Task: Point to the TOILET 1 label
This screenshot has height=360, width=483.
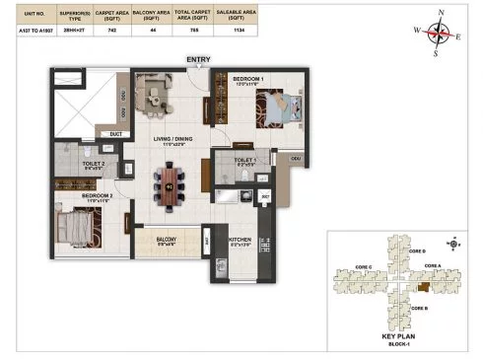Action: point(244,159)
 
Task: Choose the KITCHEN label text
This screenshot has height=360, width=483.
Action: point(241,238)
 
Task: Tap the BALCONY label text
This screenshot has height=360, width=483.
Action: point(167,237)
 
